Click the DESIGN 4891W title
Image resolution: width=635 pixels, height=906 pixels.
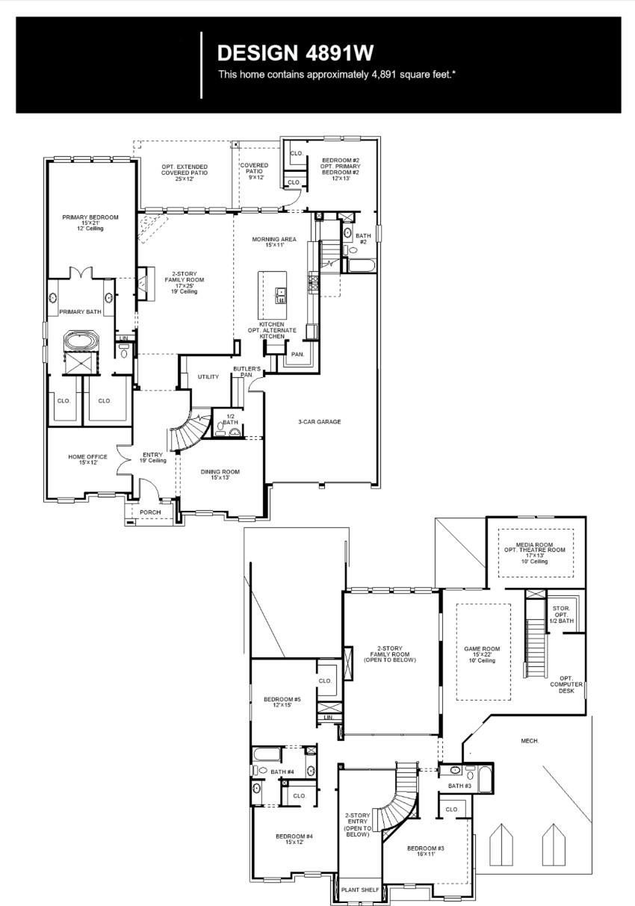(294, 52)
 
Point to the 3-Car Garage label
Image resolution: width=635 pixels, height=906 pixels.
(319, 422)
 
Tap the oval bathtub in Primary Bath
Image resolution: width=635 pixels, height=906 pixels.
(79, 343)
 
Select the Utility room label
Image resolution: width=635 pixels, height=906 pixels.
(208, 377)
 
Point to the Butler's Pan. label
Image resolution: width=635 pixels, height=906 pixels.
(247, 372)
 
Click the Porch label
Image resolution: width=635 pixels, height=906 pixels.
(150, 512)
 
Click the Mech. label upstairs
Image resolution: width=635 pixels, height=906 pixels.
(530, 741)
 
